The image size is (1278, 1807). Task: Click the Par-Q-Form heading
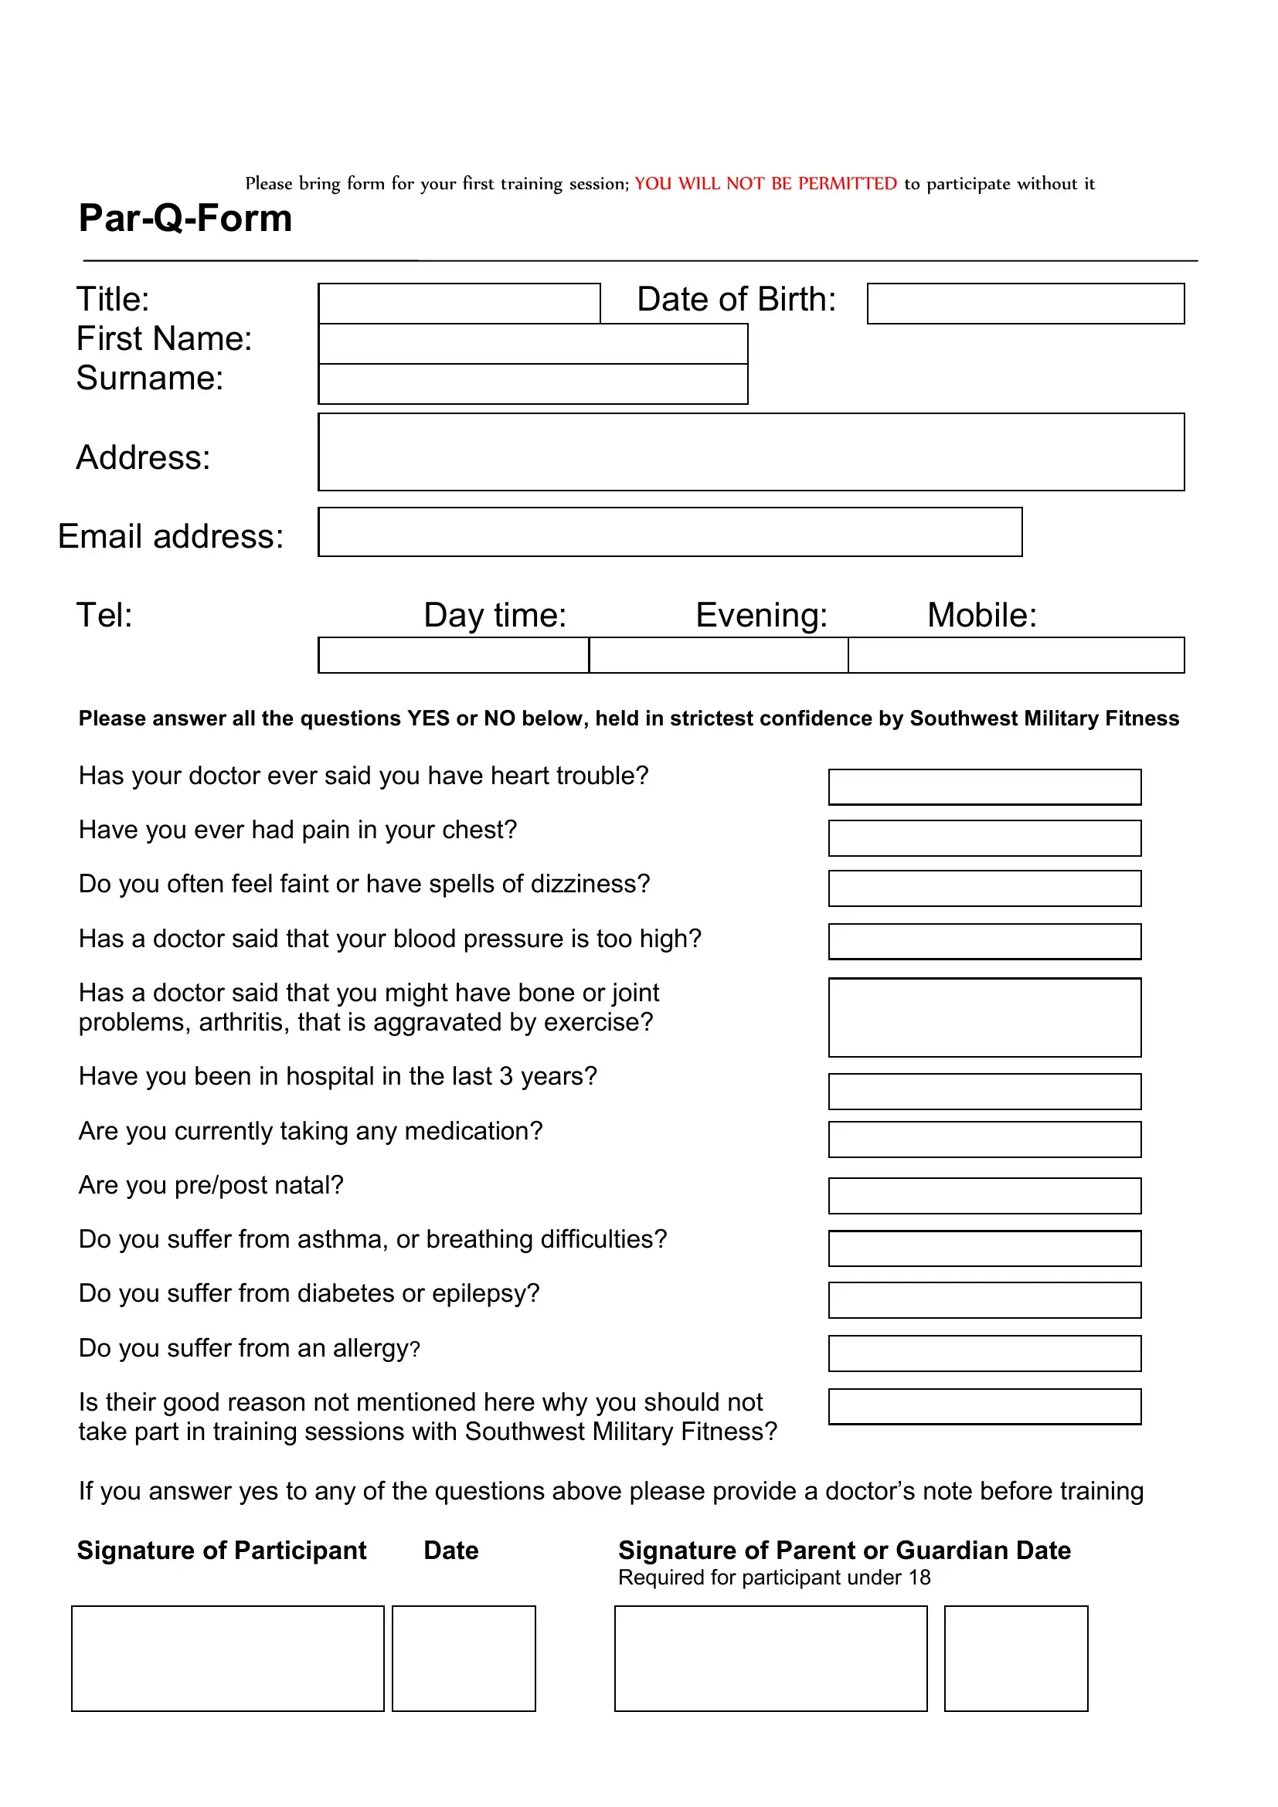click(x=185, y=218)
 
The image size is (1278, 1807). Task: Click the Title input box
click(x=459, y=303)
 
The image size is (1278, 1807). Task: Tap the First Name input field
click(x=533, y=344)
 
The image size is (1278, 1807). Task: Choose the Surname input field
click(x=533, y=384)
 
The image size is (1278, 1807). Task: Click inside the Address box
click(x=751, y=452)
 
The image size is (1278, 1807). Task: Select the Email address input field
click(x=670, y=532)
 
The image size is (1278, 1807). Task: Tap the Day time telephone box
click(x=454, y=655)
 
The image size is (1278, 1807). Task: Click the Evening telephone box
click(x=718, y=655)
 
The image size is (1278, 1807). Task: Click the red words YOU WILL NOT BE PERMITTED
click(x=765, y=183)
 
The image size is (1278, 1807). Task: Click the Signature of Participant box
click(x=227, y=1658)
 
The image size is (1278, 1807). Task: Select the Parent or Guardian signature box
click(x=770, y=1658)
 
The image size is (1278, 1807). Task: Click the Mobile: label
click(x=981, y=615)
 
